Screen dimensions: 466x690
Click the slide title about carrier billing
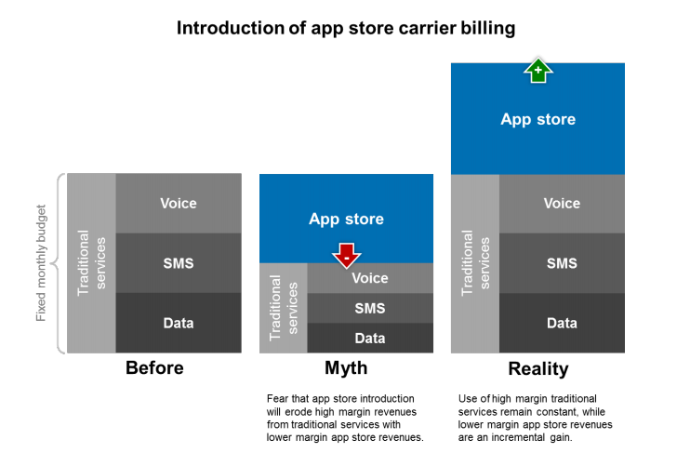click(346, 29)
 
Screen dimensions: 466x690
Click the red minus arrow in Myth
click(346, 254)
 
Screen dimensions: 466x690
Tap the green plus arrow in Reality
click(537, 70)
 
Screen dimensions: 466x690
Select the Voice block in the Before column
click(179, 203)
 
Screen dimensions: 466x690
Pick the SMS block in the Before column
click(179, 263)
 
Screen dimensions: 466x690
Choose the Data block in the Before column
click(179, 323)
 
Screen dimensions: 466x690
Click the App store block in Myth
click(346, 219)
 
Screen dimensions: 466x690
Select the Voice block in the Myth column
click(370, 278)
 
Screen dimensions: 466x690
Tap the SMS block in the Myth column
click(370, 308)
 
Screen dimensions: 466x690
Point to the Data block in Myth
click(370, 338)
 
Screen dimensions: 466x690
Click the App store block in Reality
click(537, 119)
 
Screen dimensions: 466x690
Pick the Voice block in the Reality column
click(562, 203)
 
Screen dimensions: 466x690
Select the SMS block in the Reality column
click(562, 263)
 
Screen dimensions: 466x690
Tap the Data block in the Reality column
click(562, 323)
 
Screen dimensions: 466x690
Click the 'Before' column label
click(154, 368)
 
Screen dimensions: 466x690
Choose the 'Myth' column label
click(346, 368)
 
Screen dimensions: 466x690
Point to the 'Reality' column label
click(537, 369)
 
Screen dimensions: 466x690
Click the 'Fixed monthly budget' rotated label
click(42, 263)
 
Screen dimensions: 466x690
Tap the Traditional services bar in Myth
click(283, 308)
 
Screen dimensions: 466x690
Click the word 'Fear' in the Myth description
click(278, 398)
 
